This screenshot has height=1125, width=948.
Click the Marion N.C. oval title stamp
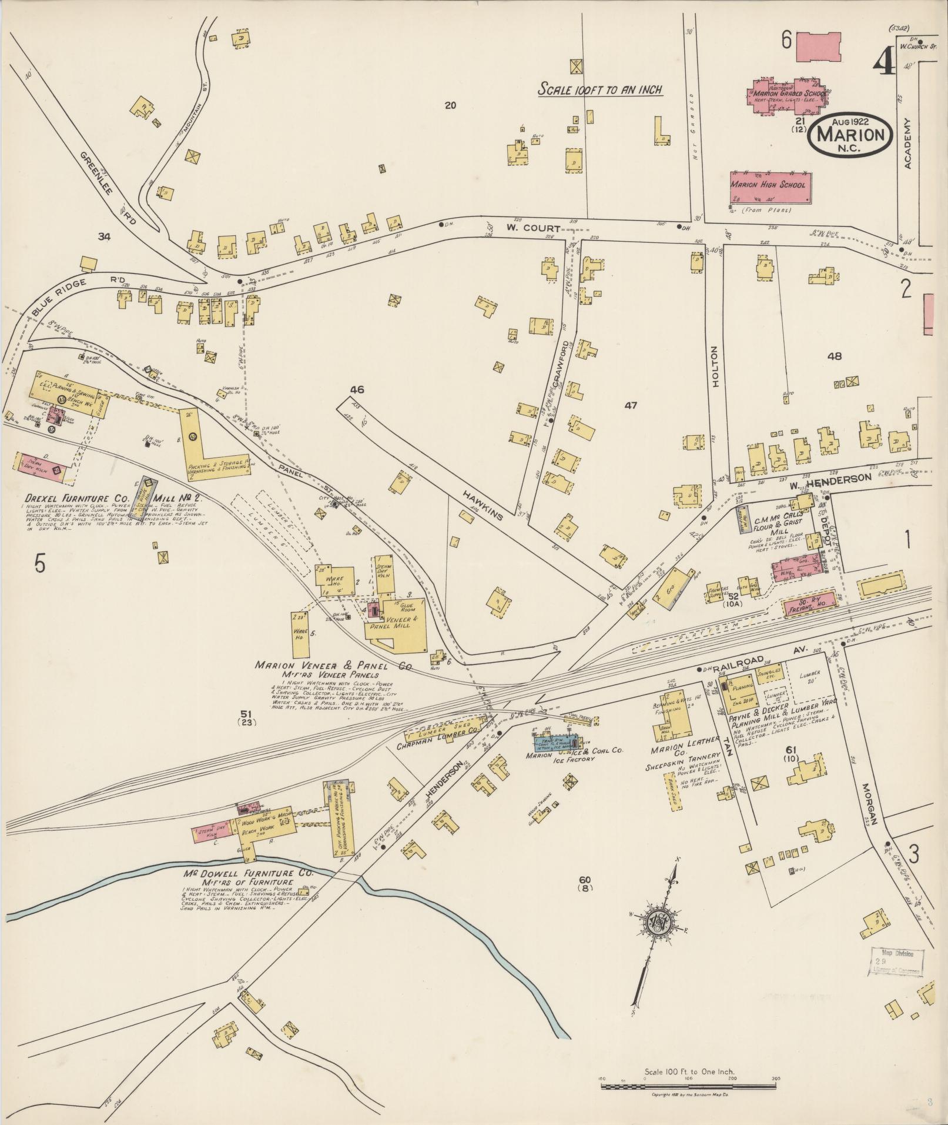click(850, 135)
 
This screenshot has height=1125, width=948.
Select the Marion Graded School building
click(786, 93)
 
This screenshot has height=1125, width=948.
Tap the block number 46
click(357, 389)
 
